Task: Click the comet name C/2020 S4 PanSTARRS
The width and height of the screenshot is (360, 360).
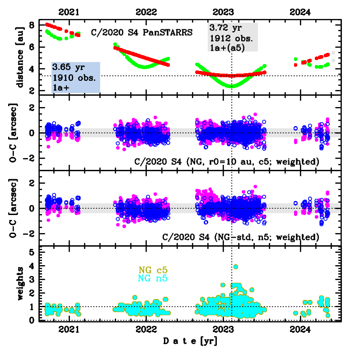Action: click(142, 33)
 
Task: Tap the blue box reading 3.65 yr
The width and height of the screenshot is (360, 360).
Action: click(75, 77)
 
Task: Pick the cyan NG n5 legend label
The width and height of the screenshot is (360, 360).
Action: click(153, 278)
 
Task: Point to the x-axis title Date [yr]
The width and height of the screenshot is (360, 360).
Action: click(190, 341)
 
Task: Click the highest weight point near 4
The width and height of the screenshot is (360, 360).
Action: click(235, 266)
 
